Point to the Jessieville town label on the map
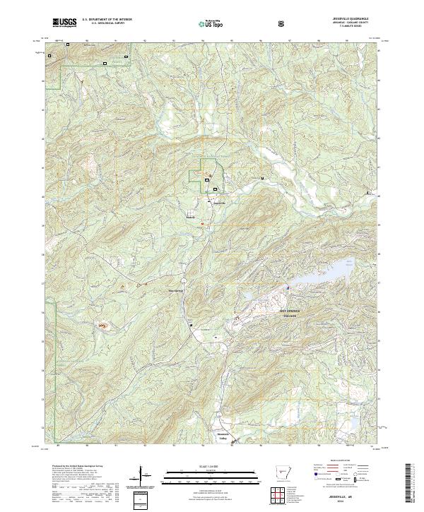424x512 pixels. click(220, 204)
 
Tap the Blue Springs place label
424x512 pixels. click(175, 289)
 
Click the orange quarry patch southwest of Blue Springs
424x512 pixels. click(102, 325)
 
